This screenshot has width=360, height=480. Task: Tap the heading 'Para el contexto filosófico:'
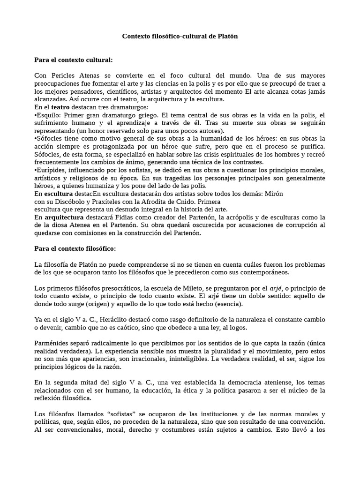click(75, 248)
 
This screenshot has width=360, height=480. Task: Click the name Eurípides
click(52, 170)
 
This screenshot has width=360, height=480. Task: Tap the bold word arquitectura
click(64, 217)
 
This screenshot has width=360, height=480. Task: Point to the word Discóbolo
click(65, 202)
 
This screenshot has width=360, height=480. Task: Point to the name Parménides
click(52, 344)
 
